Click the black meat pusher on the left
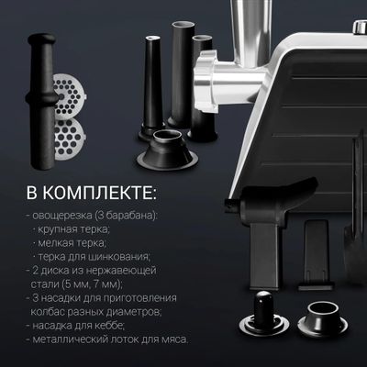coord(42,101)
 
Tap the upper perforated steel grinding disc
coord(70,96)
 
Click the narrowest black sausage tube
coord(152,89)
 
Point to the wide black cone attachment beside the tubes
coord(167,150)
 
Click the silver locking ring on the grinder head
coord(206,81)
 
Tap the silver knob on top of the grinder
coord(359,28)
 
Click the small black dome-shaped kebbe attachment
coord(264,314)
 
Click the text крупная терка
coord(73,229)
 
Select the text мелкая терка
coord(72,243)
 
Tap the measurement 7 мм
coord(107,284)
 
